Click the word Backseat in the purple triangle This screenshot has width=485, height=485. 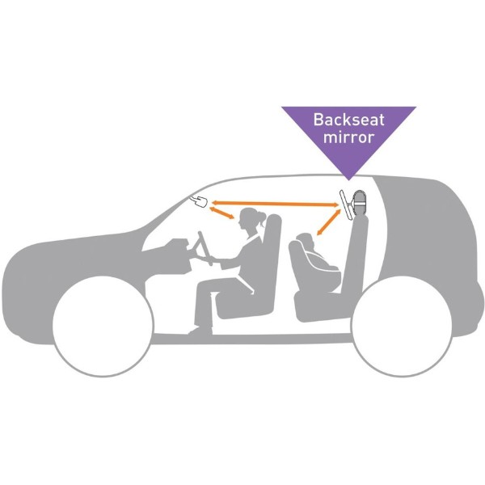pos(348,120)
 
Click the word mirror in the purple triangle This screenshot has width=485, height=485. pos(349,137)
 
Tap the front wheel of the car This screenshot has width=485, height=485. pos(103,327)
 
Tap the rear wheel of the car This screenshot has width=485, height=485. pos(402,327)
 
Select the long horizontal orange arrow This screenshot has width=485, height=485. pos(276,204)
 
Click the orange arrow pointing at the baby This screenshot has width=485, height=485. pos(328,222)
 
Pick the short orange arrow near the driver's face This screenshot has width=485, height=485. pos(221,213)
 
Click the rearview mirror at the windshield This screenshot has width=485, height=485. pos(199,201)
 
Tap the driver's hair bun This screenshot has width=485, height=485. pos(261,216)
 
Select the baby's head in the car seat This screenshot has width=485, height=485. pos(306,240)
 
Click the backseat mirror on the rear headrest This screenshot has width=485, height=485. pos(346,205)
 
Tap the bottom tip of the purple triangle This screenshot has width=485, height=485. pos(349,180)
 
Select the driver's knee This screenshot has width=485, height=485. pos(203,284)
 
